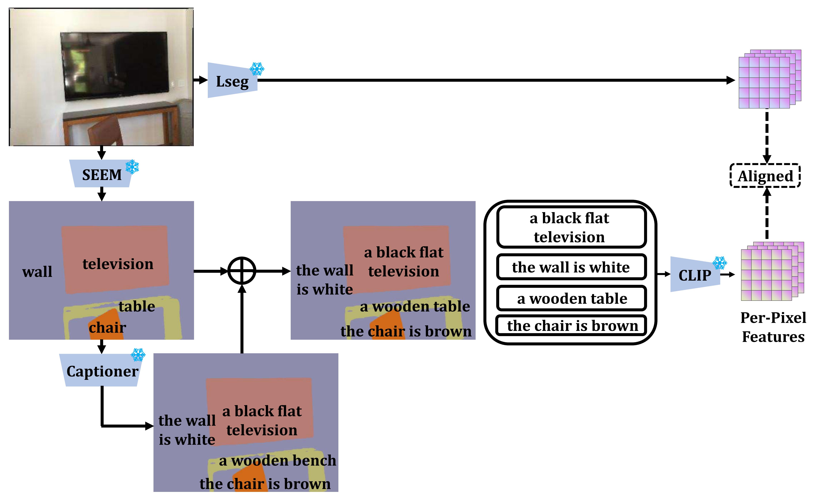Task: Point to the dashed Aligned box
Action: pos(765,176)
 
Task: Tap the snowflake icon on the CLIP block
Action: pos(719,263)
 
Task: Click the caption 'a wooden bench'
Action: pos(277,460)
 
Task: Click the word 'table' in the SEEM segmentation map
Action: pos(137,306)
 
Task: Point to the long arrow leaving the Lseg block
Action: pos(496,80)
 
